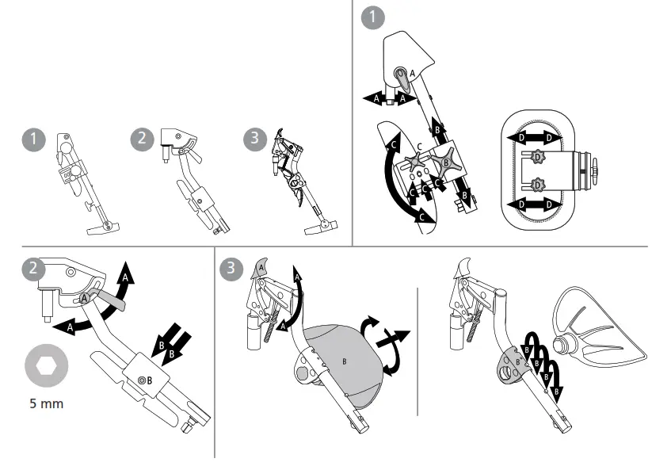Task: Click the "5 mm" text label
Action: (x=47, y=403)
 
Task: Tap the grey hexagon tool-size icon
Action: (x=47, y=365)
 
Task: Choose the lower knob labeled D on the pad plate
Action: (x=538, y=185)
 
